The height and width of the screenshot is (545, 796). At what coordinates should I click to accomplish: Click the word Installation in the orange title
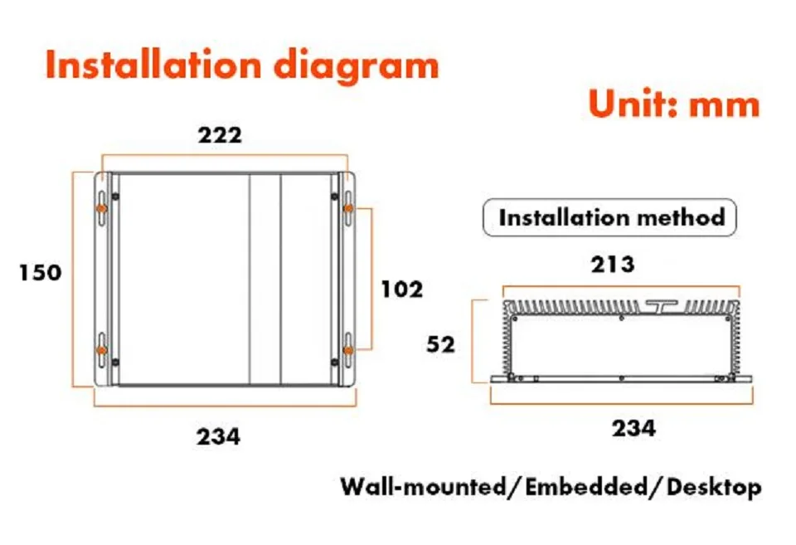click(x=153, y=65)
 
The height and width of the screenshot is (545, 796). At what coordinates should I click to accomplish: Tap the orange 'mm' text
click(x=725, y=106)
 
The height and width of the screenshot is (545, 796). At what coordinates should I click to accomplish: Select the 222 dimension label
click(x=220, y=135)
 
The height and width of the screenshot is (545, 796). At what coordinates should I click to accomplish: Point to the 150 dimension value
click(x=40, y=272)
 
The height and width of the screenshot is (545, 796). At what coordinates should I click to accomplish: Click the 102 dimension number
click(x=402, y=290)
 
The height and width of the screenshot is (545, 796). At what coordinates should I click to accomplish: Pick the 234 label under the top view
click(x=218, y=437)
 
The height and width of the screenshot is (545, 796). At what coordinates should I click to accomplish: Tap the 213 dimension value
click(x=613, y=265)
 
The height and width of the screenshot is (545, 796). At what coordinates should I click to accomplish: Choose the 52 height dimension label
click(x=440, y=345)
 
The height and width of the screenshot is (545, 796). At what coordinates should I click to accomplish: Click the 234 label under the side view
click(x=633, y=428)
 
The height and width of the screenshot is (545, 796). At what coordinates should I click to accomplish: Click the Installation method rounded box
click(x=609, y=217)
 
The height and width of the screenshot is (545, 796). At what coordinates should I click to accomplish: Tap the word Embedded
click(x=586, y=487)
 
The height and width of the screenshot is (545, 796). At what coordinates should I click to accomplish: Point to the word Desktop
click(x=714, y=488)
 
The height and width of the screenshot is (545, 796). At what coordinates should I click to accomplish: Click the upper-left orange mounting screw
click(x=102, y=208)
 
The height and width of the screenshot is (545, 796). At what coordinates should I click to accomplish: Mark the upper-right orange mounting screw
click(x=348, y=208)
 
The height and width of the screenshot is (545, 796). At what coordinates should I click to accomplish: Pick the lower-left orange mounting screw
click(x=102, y=350)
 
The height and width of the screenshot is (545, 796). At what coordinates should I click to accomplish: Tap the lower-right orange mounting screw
click(x=348, y=350)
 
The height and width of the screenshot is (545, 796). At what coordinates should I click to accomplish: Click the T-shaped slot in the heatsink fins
click(x=662, y=306)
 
